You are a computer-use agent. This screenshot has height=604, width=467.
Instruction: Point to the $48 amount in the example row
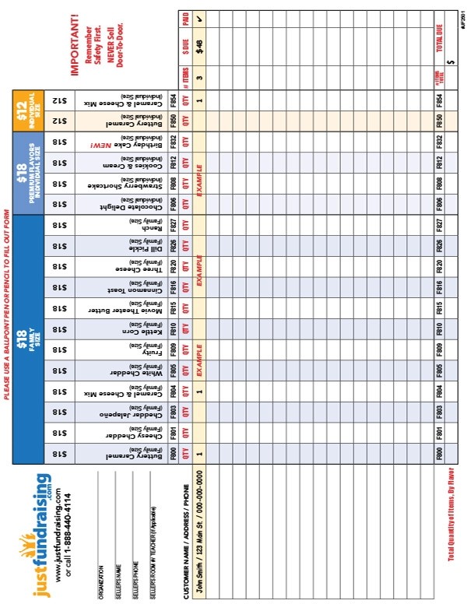(200, 46)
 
